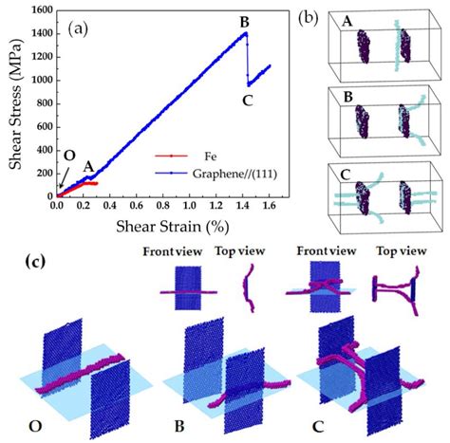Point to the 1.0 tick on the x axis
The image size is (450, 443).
click(189, 206)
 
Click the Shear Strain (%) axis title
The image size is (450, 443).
click(172, 227)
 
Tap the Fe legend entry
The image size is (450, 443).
click(211, 157)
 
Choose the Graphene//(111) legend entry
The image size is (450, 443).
click(234, 174)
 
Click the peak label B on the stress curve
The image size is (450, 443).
click(245, 23)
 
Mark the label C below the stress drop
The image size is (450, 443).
click(247, 101)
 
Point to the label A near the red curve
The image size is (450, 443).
click(89, 166)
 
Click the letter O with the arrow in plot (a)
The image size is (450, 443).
click(69, 156)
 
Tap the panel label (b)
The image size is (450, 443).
click(308, 19)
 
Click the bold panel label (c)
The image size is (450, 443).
click(35, 262)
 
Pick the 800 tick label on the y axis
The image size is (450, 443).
click(46, 103)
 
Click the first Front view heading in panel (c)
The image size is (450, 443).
click(173, 251)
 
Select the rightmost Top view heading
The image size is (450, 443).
click(402, 251)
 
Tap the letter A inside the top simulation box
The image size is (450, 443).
click(347, 21)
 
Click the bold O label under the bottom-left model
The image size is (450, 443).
click(35, 426)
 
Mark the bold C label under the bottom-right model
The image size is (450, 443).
click(318, 427)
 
